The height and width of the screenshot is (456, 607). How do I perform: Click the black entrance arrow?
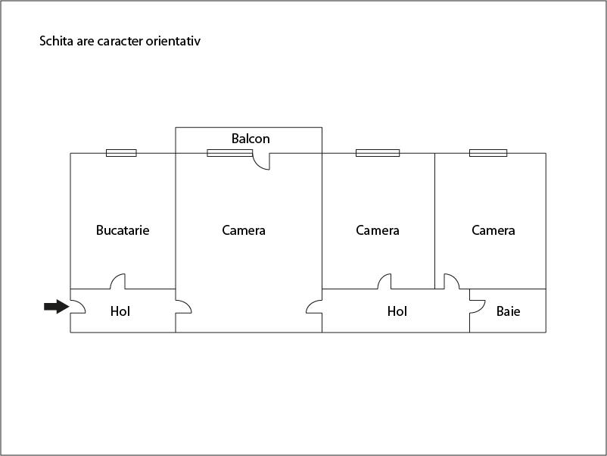point(55,307)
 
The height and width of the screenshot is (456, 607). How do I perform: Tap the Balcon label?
point(251,139)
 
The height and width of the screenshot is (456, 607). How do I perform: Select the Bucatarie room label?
point(123,230)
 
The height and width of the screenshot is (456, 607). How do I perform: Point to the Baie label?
point(508,311)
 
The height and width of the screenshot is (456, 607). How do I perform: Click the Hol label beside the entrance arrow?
point(120,311)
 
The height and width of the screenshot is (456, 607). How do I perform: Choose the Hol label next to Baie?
point(397,311)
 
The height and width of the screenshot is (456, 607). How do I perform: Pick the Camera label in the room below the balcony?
point(244,230)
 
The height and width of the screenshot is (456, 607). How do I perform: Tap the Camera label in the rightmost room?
point(493,230)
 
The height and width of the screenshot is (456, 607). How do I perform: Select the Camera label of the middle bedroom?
point(377,230)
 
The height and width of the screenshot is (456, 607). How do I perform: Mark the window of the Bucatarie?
point(121,153)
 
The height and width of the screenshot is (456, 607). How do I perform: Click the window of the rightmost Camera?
point(488,153)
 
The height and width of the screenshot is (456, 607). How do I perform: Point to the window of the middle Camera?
point(378,153)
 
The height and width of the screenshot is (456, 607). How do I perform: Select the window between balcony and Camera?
point(229,153)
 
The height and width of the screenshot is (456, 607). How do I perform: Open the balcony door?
point(261,161)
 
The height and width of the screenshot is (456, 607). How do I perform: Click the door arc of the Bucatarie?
point(118,281)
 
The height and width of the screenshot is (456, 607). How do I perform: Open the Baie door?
point(477,305)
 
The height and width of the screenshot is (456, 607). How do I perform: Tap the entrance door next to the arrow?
point(77,308)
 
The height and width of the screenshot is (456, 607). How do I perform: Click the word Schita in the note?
point(54,41)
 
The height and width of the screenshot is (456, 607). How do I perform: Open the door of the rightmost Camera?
point(451,281)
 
